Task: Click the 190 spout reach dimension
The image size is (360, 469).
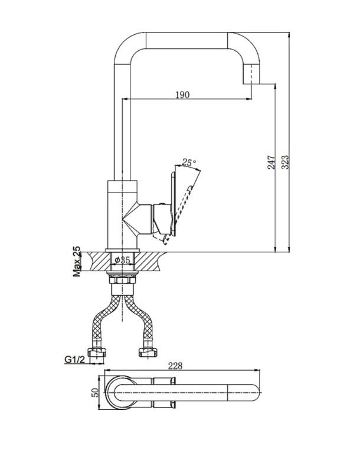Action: (182, 95)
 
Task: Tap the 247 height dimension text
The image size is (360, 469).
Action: (271, 162)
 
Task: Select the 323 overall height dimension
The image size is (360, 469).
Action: (285, 162)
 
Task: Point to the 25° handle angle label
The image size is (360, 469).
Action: (189, 162)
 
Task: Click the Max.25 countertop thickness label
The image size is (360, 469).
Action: (77, 262)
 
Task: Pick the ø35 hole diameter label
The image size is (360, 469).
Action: (123, 260)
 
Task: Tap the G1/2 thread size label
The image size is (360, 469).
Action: (75, 359)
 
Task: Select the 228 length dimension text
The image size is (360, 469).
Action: (175, 366)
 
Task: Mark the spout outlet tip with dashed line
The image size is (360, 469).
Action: (251, 74)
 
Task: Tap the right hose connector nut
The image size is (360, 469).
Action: (148, 352)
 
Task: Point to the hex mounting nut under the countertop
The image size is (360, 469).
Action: (123, 281)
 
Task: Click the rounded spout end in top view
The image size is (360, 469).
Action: (244, 392)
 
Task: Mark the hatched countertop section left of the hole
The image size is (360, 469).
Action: (99, 262)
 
